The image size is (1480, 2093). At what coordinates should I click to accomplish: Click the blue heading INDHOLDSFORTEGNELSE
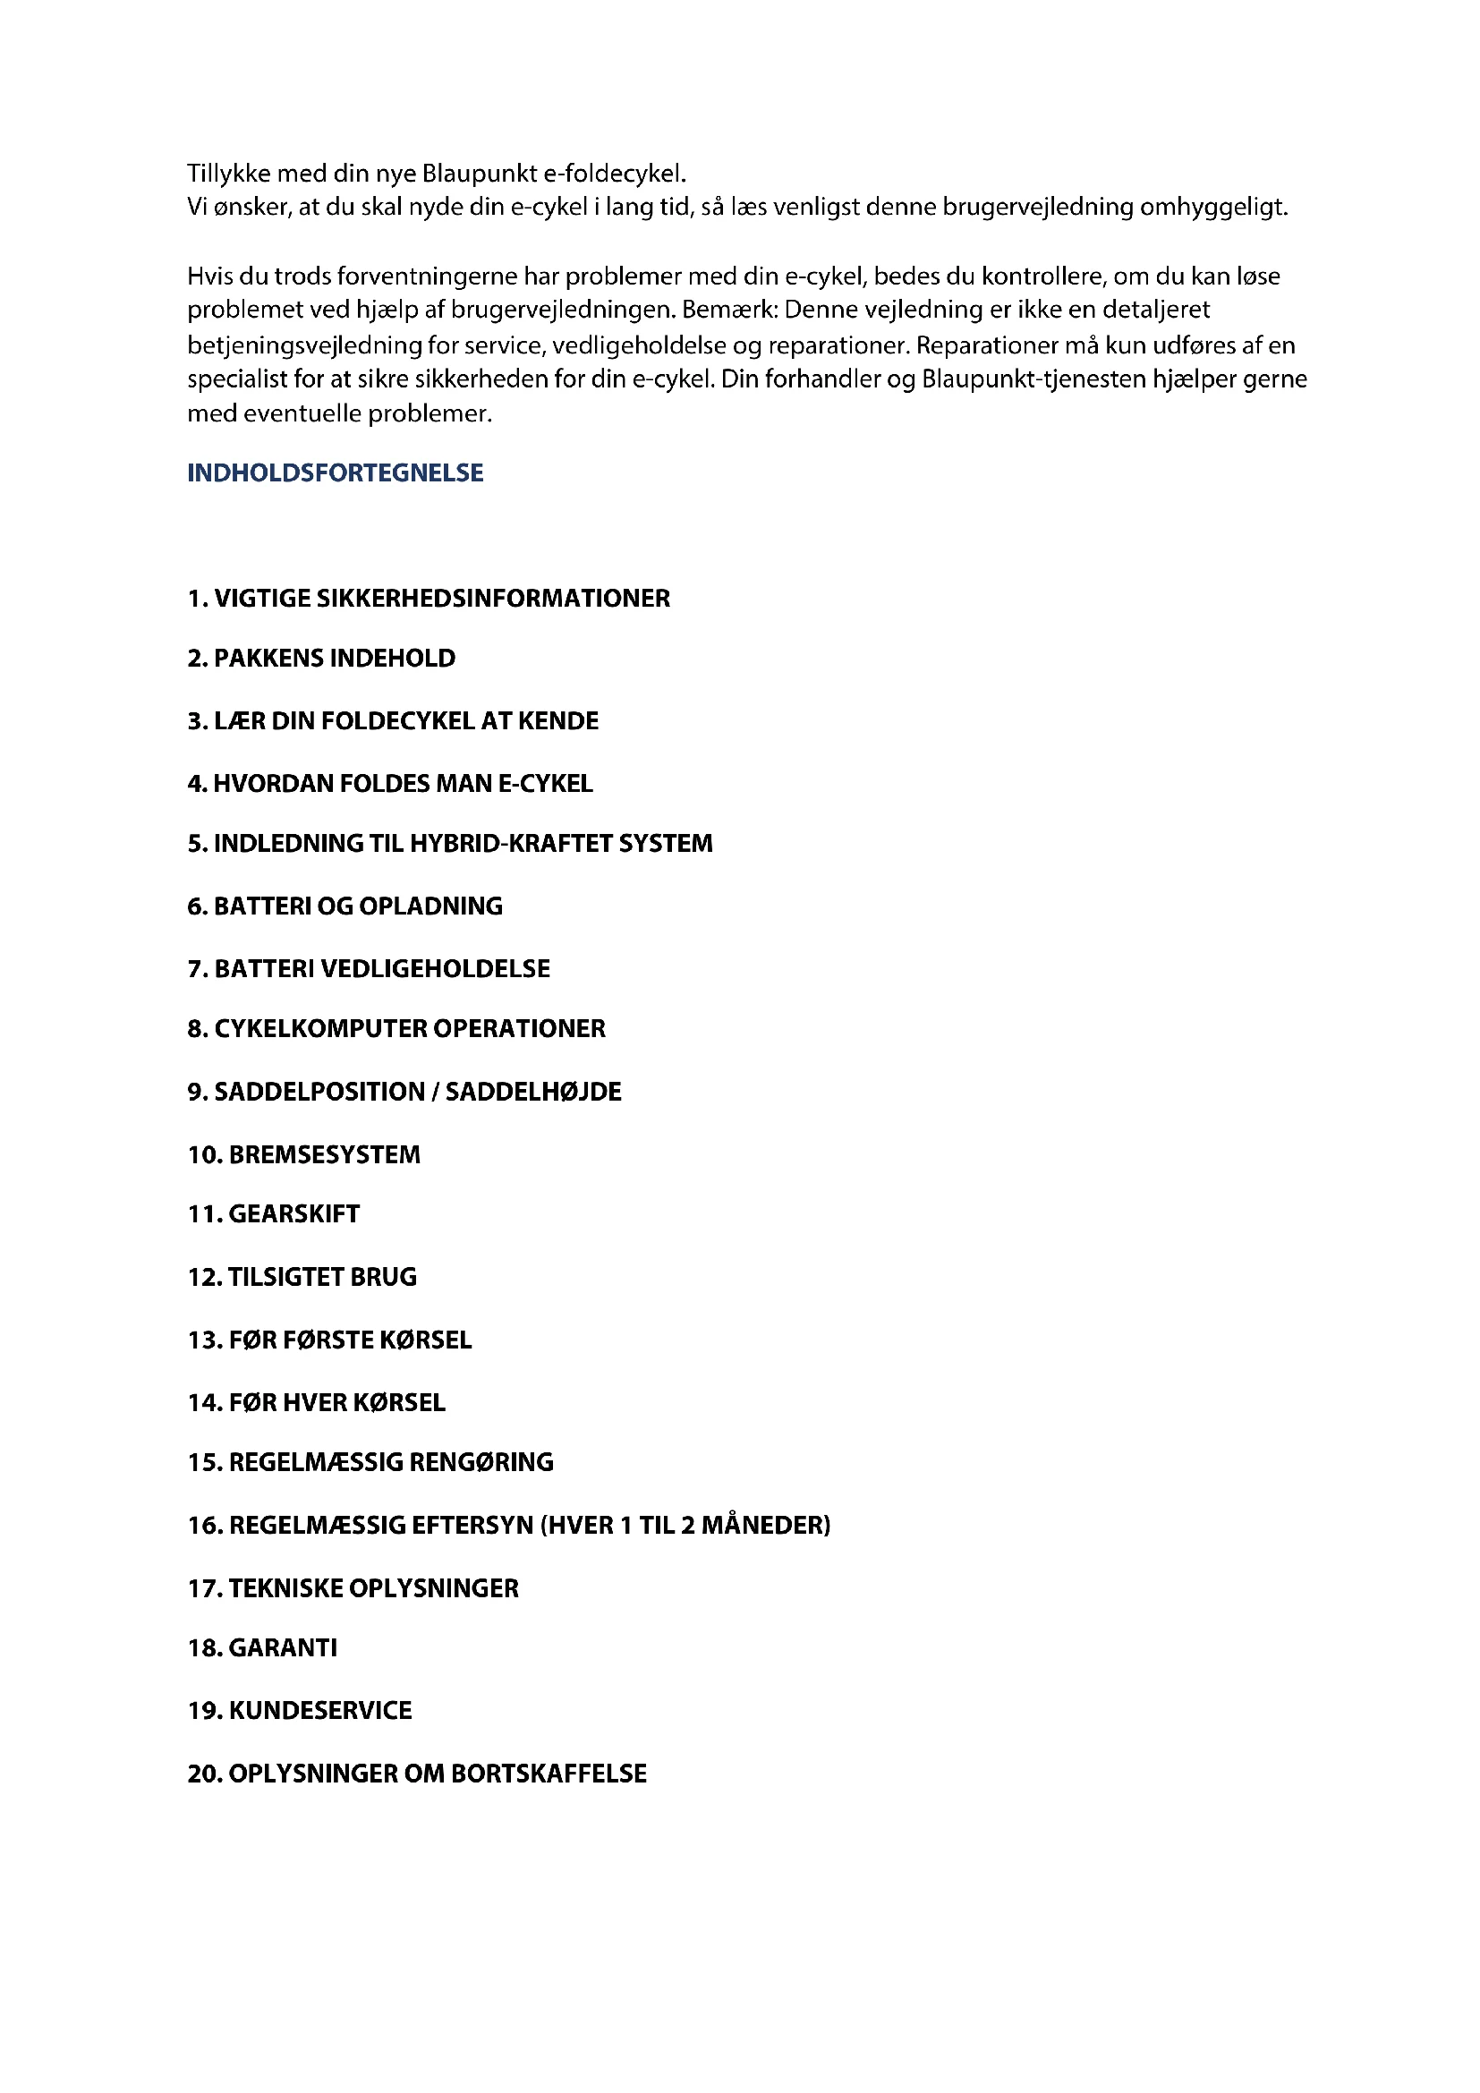(335, 472)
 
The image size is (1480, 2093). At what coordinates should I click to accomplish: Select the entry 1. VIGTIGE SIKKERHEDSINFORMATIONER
(429, 598)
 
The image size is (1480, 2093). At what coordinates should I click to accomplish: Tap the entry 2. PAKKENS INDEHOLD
(321, 659)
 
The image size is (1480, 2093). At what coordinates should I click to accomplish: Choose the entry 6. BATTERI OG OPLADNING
(344, 906)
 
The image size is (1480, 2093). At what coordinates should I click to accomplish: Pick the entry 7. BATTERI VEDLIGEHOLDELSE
(368, 968)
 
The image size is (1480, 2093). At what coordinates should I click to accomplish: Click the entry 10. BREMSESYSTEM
(303, 1155)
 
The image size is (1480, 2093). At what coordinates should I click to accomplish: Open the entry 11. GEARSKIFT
(274, 1214)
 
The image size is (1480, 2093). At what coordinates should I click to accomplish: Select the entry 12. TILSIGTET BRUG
(302, 1277)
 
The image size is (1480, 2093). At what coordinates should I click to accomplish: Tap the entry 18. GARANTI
(261, 1648)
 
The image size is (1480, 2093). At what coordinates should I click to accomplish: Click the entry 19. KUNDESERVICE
(299, 1710)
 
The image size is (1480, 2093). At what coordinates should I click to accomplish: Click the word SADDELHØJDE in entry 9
(533, 1092)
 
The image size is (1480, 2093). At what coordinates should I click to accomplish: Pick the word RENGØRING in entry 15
(481, 1462)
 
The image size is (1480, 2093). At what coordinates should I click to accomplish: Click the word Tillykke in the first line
(229, 174)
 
